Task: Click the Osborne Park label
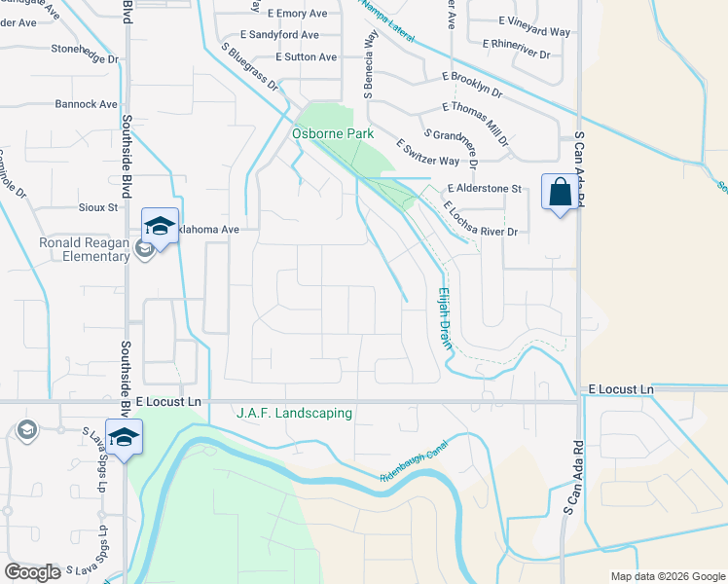334,133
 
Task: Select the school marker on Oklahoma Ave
160,227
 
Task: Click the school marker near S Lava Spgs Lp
124,437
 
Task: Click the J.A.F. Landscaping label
294,414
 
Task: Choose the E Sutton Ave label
307,57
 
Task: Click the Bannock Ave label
86,104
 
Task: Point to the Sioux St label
98,207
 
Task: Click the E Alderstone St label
485,189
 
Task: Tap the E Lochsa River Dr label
479,220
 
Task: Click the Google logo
33,572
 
